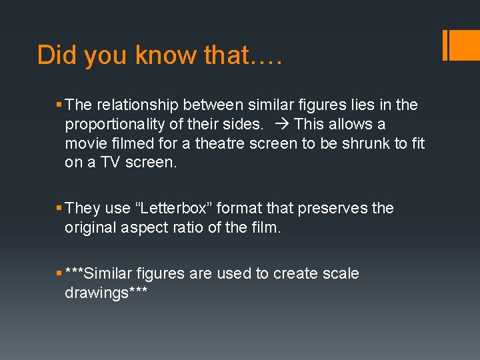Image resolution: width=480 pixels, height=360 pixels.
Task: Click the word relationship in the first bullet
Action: pos(137,105)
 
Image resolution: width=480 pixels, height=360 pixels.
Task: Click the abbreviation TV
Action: pos(109,163)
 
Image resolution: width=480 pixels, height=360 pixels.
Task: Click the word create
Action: pos(291,274)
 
